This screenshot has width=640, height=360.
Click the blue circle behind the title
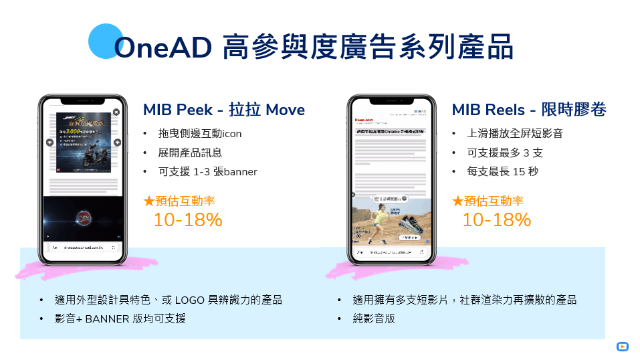[x=106, y=41]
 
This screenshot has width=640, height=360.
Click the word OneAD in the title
[x=163, y=48]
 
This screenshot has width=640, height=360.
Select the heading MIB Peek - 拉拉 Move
[x=224, y=110]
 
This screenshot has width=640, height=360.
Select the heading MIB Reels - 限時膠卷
[x=529, y=110]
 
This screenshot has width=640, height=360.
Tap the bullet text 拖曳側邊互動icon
[x=200, y=133]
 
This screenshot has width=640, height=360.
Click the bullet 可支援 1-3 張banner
[x=207, y=172]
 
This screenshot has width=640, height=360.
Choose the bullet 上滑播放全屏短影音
[x=515, y=133]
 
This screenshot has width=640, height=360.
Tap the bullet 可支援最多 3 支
[x=505, y=153]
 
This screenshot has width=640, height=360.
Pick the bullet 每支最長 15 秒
[x=503, y=172]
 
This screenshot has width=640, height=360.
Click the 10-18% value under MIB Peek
[x=188, y=219]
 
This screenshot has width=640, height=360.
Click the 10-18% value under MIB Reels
[x=497, y=219]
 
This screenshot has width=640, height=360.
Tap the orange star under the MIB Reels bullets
[x=458, y=201]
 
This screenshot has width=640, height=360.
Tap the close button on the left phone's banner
[x=116, y=112]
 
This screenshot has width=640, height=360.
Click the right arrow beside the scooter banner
[x=118, y=142]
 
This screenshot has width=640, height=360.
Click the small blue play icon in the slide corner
[x=622, y=347]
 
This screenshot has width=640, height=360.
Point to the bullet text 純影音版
[x=374, y=319]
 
